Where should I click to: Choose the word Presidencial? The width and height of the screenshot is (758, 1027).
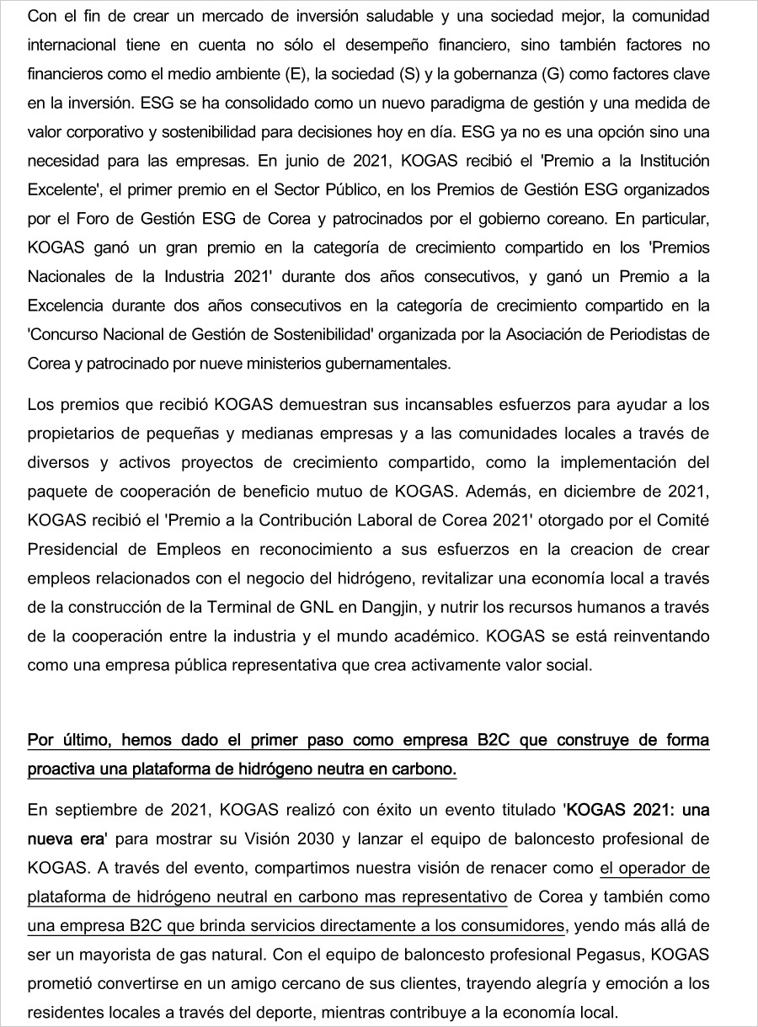tap(75, 550)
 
